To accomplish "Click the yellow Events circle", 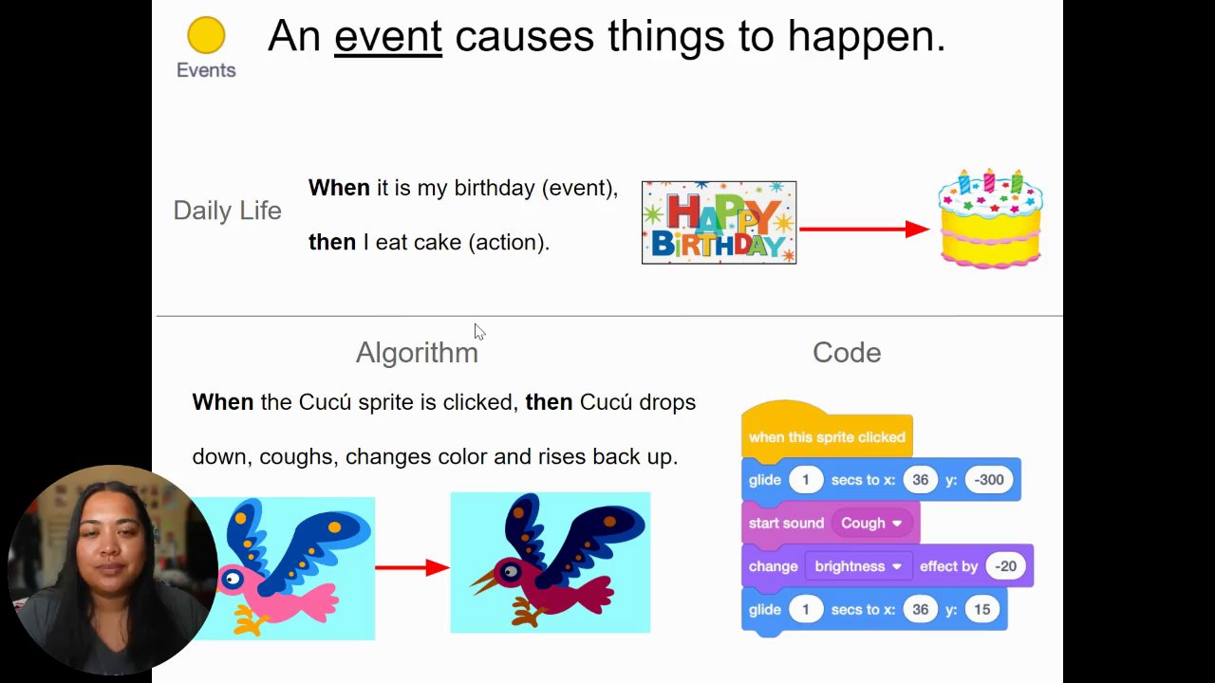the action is (206, 35).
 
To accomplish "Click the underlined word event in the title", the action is (388, 37).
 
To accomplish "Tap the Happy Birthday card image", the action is (720, 223).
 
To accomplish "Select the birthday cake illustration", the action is (990, 218).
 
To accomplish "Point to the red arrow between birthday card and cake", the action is (864, 229).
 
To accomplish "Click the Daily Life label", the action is (227, 211).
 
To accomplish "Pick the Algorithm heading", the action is (417, 353).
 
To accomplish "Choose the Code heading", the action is (847, 353).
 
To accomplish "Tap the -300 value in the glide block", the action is (989, 480).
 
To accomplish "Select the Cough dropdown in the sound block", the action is (871, 523).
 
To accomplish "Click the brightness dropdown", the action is (857, 566).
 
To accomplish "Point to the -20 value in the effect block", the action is (1005, 566).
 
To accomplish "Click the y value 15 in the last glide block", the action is (981, 609).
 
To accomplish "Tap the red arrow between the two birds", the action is (412, 567).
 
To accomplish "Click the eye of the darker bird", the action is (511, 571).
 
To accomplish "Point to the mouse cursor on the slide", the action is (479, 332).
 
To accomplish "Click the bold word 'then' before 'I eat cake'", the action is (332, 242).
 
